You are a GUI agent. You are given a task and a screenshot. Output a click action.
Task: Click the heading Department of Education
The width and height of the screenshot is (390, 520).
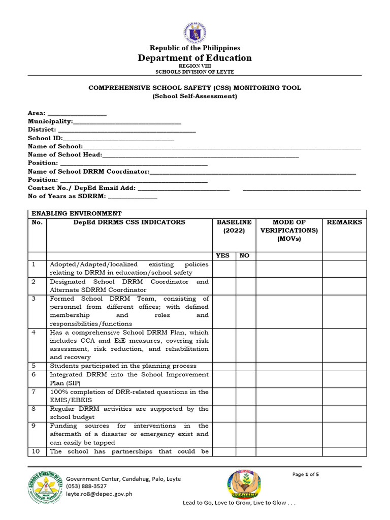(195, 58)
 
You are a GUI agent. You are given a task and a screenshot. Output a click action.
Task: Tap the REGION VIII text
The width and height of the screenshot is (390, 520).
(195, 66)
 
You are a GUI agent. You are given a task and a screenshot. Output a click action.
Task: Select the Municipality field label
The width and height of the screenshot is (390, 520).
(50, 121)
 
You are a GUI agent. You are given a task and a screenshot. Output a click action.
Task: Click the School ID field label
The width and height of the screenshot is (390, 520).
(45, 138)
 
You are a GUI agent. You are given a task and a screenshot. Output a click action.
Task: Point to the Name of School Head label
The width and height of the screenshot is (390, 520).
(65, 154)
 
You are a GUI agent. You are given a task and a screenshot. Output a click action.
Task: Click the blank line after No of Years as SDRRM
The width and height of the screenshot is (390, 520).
(133, 196)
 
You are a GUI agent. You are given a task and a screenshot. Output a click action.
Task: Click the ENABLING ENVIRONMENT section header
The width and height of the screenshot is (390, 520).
(77, 214)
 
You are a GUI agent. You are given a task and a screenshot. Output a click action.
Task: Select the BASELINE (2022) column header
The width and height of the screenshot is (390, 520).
(234, 226)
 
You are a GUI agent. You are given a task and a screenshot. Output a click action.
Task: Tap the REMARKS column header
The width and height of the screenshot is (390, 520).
(344, 222)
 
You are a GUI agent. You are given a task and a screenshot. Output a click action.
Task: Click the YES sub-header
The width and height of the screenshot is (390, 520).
(223, 256)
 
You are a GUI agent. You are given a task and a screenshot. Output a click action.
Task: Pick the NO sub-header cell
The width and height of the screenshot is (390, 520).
(244, 256)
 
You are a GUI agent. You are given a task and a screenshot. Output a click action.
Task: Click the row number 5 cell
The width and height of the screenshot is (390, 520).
(37, 366)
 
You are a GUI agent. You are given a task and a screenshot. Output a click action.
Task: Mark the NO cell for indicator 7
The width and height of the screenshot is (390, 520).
(245, 396)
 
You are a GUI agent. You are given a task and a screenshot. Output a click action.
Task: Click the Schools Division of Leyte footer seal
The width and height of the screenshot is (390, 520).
(46, 490)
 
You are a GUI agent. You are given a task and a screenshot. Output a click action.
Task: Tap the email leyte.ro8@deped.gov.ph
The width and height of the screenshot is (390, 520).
(99, 494)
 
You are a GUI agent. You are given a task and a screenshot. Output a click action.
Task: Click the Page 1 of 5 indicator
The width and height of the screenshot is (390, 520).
(305, 475)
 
